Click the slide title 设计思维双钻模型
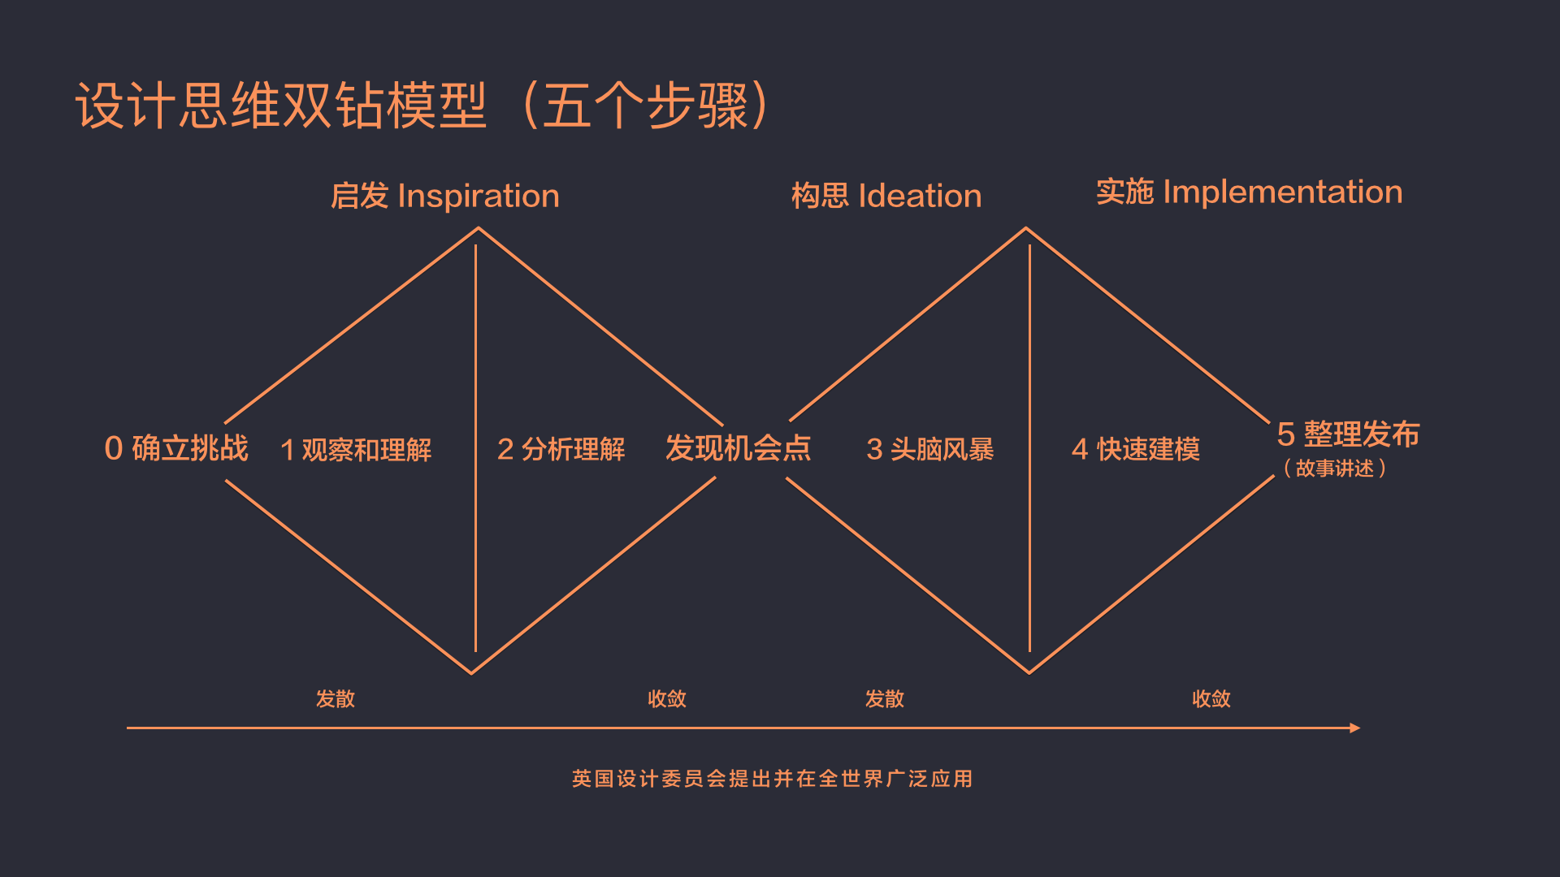tap(281, 106)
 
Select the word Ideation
tap(920, 197)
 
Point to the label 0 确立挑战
tap(176, 448)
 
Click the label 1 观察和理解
tap(356, 450)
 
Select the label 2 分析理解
tap(561, 449)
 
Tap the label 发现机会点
tap(738, 448)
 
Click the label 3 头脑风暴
tap(930, 449)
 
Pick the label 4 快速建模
tap(1136, 449)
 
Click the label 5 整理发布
tap(1348, 434)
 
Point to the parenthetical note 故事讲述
tap(1335, 469)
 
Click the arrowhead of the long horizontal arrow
tap(1354, 728)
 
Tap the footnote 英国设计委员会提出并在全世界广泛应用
tap(772, 779)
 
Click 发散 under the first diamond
tap(336, 699)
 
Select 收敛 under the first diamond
tap(667, 699)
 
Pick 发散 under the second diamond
tap(885, 699)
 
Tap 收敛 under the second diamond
tap(1211, 699)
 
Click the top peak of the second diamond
tap(1026, 228)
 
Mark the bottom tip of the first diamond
tap(471, 672)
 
